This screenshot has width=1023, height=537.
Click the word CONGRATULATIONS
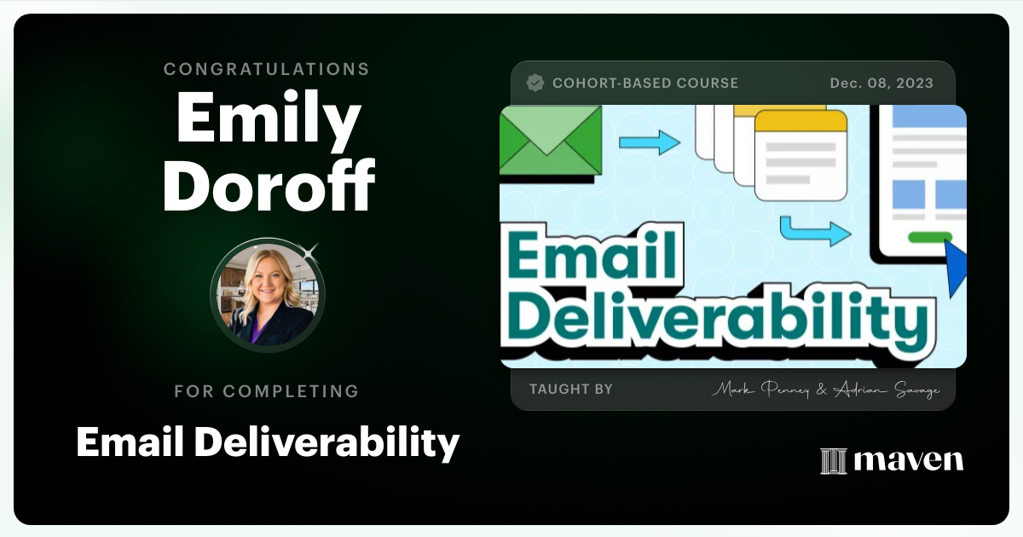point(267,69)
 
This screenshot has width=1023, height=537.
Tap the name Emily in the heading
point(269,120)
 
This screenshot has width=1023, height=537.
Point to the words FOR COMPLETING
point(267,391)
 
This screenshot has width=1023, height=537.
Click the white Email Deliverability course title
point(268,442)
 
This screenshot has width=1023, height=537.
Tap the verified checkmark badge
point(535,83)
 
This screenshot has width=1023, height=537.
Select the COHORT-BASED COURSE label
point(644,84)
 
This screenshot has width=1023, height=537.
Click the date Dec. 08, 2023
point(881,84)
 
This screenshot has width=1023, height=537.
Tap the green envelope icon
point(550,140)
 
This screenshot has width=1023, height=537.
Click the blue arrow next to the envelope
point(650,141)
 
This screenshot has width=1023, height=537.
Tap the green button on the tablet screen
point(930,237)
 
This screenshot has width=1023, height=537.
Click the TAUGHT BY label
point(571,390)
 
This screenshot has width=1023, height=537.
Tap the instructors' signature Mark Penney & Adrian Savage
point(825,390)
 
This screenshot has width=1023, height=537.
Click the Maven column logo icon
point(833,460)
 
